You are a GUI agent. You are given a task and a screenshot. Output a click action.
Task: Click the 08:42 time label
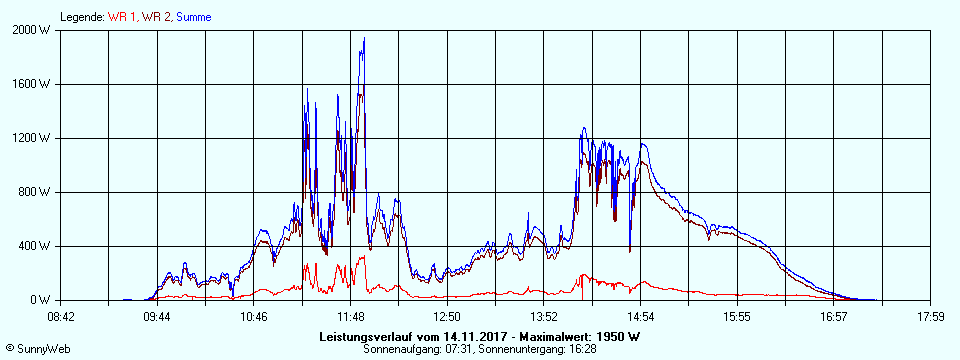[x=61, y=317]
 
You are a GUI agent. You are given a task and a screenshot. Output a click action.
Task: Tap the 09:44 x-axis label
[x=157, y=317]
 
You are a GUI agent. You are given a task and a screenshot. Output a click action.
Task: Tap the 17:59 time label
[x=930, y=317]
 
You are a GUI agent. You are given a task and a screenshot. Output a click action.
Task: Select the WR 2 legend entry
[x=156, y=17]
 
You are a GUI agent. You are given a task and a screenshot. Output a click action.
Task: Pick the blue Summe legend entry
[x=193, y=17]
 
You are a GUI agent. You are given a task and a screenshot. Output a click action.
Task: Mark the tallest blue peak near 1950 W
[x=364, y=39]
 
